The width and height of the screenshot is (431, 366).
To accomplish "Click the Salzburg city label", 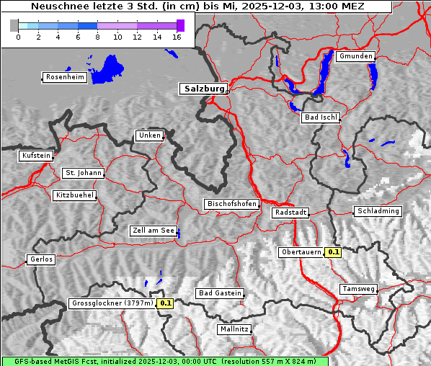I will [203, 89].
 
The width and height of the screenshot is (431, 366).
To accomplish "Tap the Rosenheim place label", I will [63, 77].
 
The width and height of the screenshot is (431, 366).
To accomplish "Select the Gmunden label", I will [355, 56].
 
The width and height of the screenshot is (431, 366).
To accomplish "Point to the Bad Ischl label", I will [320, 117].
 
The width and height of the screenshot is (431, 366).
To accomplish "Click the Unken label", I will [148, 135].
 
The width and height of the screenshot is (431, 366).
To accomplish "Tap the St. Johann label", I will [83, 173].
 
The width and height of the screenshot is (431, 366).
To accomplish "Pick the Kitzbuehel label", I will [74, 195].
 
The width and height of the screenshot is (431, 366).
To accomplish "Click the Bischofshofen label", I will [231, 205].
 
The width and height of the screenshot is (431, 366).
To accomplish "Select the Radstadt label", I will [290, 213].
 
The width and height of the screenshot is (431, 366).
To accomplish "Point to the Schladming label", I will [377, 211].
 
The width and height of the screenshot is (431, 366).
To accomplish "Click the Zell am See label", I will [153, 231].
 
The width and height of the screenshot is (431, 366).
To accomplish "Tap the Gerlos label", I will [41, 259].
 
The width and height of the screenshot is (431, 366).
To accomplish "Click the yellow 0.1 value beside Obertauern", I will [333, 252].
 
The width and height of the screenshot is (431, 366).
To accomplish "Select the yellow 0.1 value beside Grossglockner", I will [166, 303].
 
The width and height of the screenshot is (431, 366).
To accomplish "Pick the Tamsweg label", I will [358, 289].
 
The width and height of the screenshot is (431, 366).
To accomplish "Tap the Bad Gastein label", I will [219, 293].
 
